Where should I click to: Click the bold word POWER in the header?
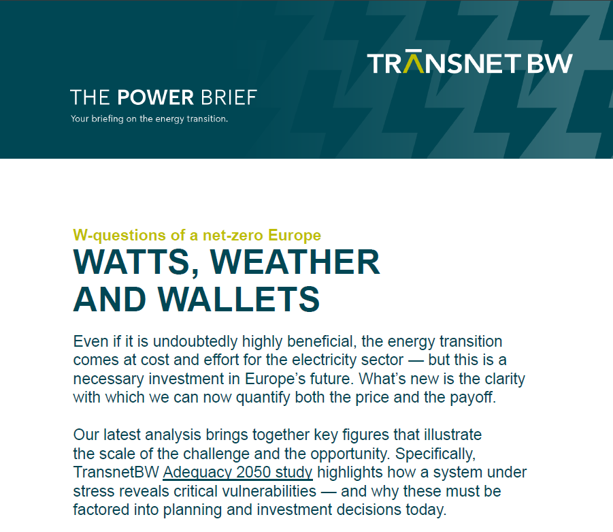pos(156,97)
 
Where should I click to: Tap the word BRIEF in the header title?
pos(229,97)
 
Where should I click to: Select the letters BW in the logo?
pos(550,63)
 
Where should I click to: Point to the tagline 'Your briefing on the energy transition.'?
pos(150,119)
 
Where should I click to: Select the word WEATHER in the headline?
pos(295,262)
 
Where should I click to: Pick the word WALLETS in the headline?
pos(239,299)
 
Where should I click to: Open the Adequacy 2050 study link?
pos(237,473)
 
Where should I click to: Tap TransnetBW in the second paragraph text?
pos(116,472)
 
